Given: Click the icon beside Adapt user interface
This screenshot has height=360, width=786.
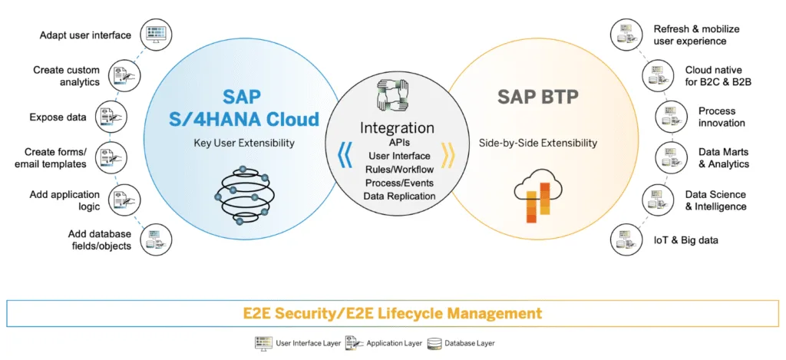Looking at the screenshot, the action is tap(156, 35).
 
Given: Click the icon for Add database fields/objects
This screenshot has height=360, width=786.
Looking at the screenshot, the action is tap(156, 239).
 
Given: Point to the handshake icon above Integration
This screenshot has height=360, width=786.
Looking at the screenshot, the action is tap(392, 94).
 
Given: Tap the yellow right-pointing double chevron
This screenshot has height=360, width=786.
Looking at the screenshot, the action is tap(447, 155).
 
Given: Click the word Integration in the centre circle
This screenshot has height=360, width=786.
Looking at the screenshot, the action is tap(397, 128).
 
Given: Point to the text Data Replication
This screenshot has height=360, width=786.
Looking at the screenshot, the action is tap(399, 196).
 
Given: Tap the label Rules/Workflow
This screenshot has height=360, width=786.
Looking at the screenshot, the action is tap(399, 169).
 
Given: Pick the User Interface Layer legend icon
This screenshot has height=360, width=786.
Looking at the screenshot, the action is tap(264, 343).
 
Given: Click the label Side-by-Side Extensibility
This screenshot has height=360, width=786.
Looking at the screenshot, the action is tap(538, 143).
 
